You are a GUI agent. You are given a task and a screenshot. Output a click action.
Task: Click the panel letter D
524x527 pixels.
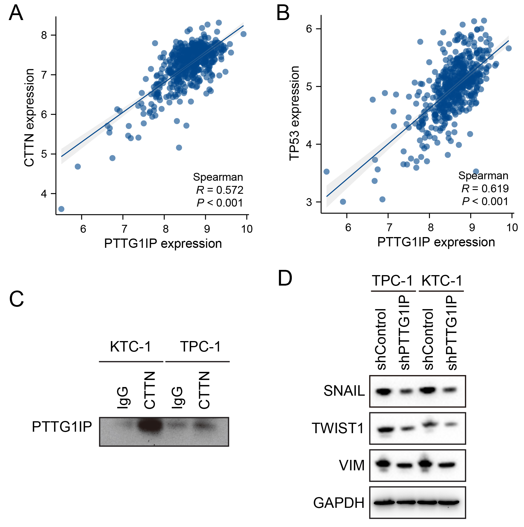(285, 278)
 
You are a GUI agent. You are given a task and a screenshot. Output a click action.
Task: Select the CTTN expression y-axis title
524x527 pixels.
(29, 118)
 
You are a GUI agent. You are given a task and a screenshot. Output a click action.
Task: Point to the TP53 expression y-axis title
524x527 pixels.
(294, 113)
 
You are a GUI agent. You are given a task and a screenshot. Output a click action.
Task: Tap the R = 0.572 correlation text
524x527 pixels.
(220, 190)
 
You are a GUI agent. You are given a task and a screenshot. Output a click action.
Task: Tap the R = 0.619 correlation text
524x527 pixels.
(485, 189)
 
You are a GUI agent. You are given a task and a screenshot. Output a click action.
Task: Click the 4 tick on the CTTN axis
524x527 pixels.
(44, 193)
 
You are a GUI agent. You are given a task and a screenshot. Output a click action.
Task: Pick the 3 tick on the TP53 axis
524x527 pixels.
(309, 202)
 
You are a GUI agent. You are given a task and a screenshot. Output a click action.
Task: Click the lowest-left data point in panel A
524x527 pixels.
(61, 209)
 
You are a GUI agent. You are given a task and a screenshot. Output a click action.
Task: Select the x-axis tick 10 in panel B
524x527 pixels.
(512, 227)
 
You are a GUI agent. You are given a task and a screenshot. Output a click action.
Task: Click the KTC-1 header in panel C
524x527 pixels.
(130, 347)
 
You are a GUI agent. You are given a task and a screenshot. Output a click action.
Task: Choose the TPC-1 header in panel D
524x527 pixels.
(392, 281)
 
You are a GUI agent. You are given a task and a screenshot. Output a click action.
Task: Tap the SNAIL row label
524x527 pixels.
(344, 391)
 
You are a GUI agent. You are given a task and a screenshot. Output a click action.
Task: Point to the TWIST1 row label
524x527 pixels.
(338, 428)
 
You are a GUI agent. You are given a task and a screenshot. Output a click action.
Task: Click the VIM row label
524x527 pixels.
(352, 465)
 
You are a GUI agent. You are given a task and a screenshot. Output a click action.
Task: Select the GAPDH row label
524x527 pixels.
(339, 503)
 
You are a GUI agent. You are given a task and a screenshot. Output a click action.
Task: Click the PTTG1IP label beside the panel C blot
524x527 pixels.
(62, 426)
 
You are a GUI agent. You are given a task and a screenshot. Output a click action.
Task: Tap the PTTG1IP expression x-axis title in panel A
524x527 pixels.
(163, 243)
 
